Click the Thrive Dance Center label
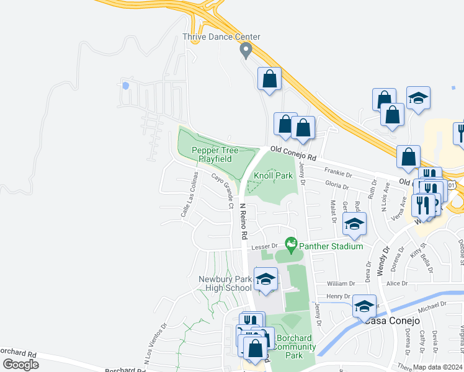coord(221,37)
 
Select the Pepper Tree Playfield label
coord(212,154)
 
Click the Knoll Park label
coord(273,175)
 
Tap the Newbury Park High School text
coord(225,283)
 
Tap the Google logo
coord(20,365)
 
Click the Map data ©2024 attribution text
coord(437,367)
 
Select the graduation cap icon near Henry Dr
coord(364,306)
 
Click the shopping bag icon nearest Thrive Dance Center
coord(269,79)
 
